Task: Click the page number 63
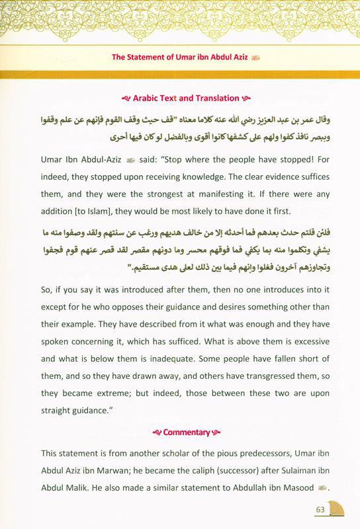pyautogui.click(x=319, y=509)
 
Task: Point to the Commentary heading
pyautogui.click(x=181, y=432)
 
